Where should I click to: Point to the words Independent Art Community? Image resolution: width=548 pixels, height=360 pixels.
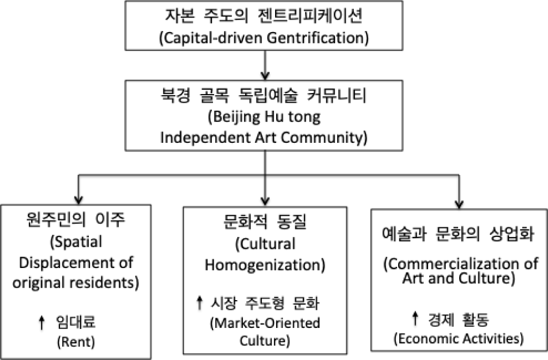264,136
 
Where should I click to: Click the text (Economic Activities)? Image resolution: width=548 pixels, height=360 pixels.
458,339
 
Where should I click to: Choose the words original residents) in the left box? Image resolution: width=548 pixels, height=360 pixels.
80,283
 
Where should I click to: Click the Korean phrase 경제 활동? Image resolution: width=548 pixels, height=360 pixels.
459,321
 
